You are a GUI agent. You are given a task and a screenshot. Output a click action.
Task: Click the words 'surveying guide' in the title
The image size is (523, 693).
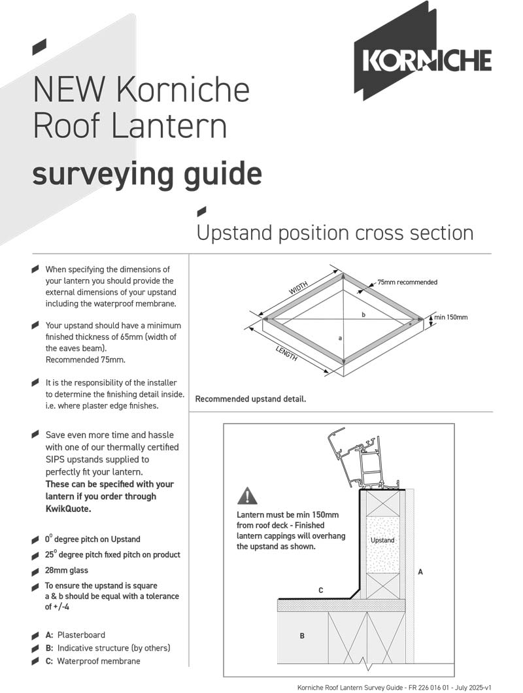click(x=147, y=174)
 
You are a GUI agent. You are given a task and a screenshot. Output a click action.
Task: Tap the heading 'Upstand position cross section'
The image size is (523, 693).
click(x=335, y=233)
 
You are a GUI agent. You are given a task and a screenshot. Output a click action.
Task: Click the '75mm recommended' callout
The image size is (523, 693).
click(x=407, y=282)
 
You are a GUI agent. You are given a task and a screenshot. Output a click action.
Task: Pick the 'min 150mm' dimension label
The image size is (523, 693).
click(x=451, y=318)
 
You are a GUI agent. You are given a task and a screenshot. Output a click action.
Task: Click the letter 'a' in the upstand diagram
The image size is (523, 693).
click(x=340, y=338)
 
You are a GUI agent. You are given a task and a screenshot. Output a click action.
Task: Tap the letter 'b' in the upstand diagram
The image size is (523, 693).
click(x=363, y=314)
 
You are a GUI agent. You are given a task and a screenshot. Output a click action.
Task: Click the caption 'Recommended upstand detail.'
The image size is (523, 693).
click(x=250, y=399)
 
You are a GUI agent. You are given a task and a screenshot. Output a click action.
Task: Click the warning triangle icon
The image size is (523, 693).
click(x=247, y=496)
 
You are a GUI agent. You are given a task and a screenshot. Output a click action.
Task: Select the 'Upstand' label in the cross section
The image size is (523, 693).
click(x=382, y=541)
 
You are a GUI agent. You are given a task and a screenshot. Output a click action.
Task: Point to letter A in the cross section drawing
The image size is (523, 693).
click(x=420, y=571)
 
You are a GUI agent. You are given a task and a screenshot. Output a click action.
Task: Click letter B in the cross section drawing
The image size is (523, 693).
click(x=301, y=635)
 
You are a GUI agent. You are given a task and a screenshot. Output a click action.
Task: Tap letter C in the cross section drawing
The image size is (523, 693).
click(x=320, y=590)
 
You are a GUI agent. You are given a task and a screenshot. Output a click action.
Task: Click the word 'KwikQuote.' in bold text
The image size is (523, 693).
click(x=68, y=509)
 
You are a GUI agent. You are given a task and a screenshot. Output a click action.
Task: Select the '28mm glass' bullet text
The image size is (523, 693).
click(x=67, y=570)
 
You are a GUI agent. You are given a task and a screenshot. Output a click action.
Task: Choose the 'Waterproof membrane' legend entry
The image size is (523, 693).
click(x=98, y=661)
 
